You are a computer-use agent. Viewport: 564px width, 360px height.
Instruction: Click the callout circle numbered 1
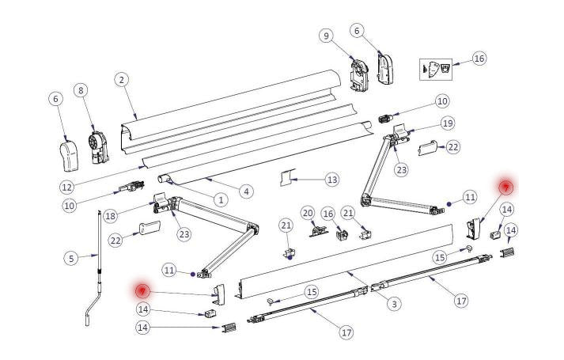click(x=221, y=199)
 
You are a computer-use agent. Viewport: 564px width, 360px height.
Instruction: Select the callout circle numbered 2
click(x=121, y=79)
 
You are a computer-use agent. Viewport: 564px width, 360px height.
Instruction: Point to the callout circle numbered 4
click(x=247, y=191)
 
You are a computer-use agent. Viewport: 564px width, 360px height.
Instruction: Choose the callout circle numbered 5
click(x=71, y=257)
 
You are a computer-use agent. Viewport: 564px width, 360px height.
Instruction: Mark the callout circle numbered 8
click(x=80, y=91)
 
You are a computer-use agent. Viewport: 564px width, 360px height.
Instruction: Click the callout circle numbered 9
click(x=325, y=35)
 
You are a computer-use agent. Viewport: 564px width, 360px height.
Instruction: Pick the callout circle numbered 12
click(x=67, y=188)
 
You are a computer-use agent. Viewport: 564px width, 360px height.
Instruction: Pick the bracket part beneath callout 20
click(x=318, y=230)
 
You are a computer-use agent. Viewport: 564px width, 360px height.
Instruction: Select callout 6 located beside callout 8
click(x=55, y=99)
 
